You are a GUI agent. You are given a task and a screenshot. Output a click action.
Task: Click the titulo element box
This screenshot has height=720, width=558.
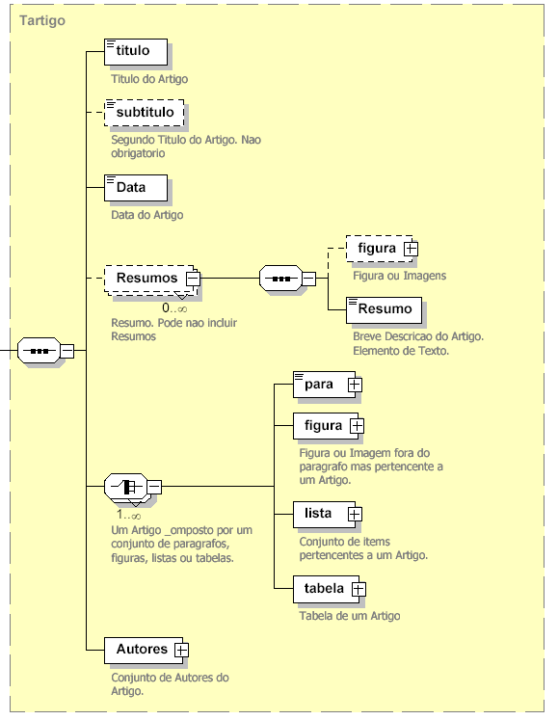pyautogui.click(x=136, y=51)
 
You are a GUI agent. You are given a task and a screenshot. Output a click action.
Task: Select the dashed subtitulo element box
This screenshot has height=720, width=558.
pyautogui.click(x=144, y=113)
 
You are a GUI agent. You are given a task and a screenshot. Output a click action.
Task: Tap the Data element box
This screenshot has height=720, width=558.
pyautogui.click(x=136, y=188)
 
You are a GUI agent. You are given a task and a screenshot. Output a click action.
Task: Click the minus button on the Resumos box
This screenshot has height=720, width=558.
pyautogui.click(x=193, y=279)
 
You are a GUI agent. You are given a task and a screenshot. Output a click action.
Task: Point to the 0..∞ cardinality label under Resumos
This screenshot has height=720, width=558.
pyautogui.click(x=174, y=308)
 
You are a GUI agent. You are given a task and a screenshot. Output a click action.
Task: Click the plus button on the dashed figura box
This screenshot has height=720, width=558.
pyautogui.click(x=411, y=249)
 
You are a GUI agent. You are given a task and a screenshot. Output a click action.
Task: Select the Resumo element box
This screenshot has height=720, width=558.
pyautogui.click(x=384, y=309)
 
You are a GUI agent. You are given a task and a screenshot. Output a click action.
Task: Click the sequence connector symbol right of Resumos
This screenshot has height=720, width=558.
pyautogui.click(x=281, y=279)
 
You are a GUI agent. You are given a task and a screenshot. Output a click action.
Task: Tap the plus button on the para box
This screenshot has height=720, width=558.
pyautogui.click(x=354, y=385)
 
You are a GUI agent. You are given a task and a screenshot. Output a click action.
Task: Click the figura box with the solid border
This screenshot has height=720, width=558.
pyautogui.click(x=326, y=426)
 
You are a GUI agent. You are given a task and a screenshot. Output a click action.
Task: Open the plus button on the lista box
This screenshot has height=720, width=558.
pyautogui.click(x=354, y=515)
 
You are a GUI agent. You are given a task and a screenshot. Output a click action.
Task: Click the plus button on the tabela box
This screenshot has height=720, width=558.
pyautogui.click(x=359, y=589)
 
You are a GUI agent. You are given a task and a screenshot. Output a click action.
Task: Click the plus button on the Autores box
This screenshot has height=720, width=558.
pyautogui.click(x=181, y=651)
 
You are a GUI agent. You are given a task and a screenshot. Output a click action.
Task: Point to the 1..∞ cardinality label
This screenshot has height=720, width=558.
pyautogui.click(x=128, y=516)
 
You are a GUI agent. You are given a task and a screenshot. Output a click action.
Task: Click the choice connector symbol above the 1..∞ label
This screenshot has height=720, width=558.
pyautogui.click(x=126, y=487)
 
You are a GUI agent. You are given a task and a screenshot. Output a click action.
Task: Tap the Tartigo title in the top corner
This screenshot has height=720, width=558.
pyautogui.click(x=42, y=20)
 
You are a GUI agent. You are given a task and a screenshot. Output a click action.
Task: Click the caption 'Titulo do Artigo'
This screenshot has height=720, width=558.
pyautogui.click(x=149, y=79)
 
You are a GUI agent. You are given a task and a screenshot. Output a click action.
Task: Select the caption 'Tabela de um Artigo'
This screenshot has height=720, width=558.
pyautogui.click(x=350, y=616)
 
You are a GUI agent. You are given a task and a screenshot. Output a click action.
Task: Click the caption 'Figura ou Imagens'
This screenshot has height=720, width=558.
pyautogui.click(x=400, y=276)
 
